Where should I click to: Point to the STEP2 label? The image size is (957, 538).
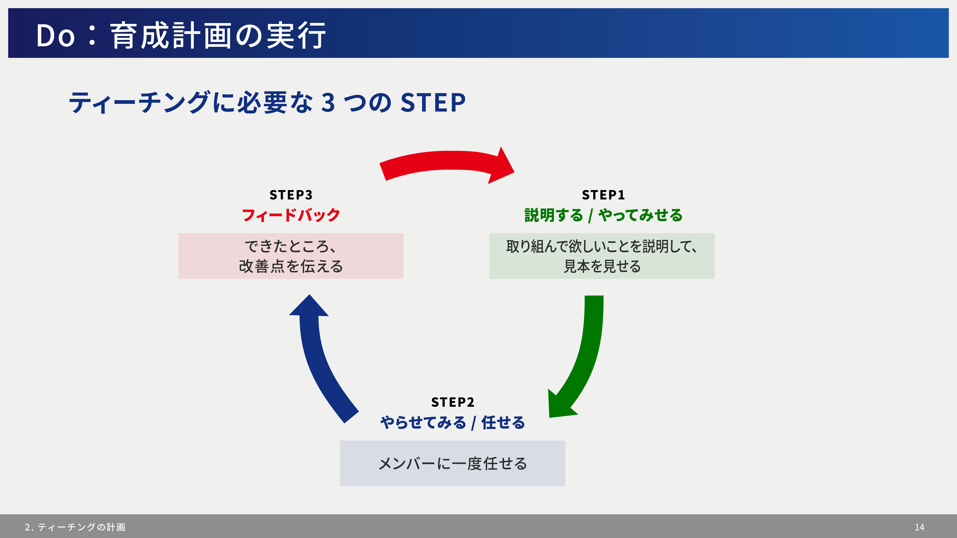tap(453, 402)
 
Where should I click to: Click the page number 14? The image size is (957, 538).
tap(919, 527)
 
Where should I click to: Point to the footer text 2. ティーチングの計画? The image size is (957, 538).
tap(75, 527)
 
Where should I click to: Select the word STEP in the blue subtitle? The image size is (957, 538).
tap(433, 102)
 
